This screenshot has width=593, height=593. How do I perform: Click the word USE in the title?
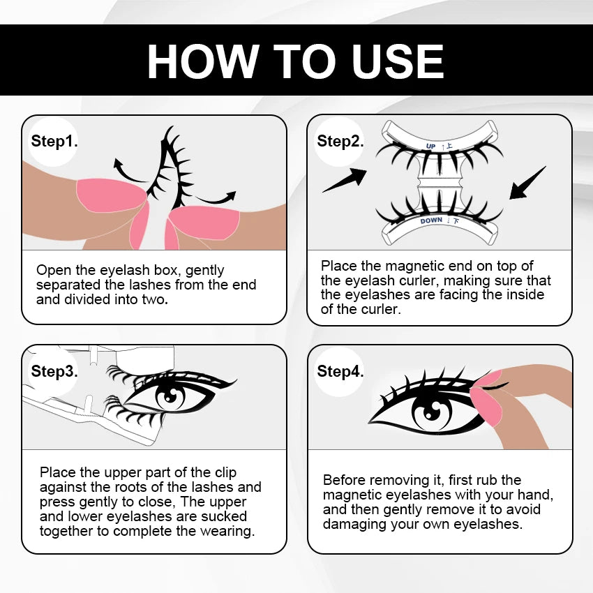click(398, 61)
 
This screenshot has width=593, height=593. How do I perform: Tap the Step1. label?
click(54, 141)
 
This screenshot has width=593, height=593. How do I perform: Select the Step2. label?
click(340, 141)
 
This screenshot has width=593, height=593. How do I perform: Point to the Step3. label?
click(54, 371)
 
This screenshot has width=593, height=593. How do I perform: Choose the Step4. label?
click(340, 371)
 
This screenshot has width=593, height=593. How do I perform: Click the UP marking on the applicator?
click(430, 147)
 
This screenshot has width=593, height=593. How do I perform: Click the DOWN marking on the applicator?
click(431, 220)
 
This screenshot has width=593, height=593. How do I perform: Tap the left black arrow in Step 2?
click(345, 180)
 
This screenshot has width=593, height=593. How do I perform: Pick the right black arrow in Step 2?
click(527, 183)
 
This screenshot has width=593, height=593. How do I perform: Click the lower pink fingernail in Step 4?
click(488, 407)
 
